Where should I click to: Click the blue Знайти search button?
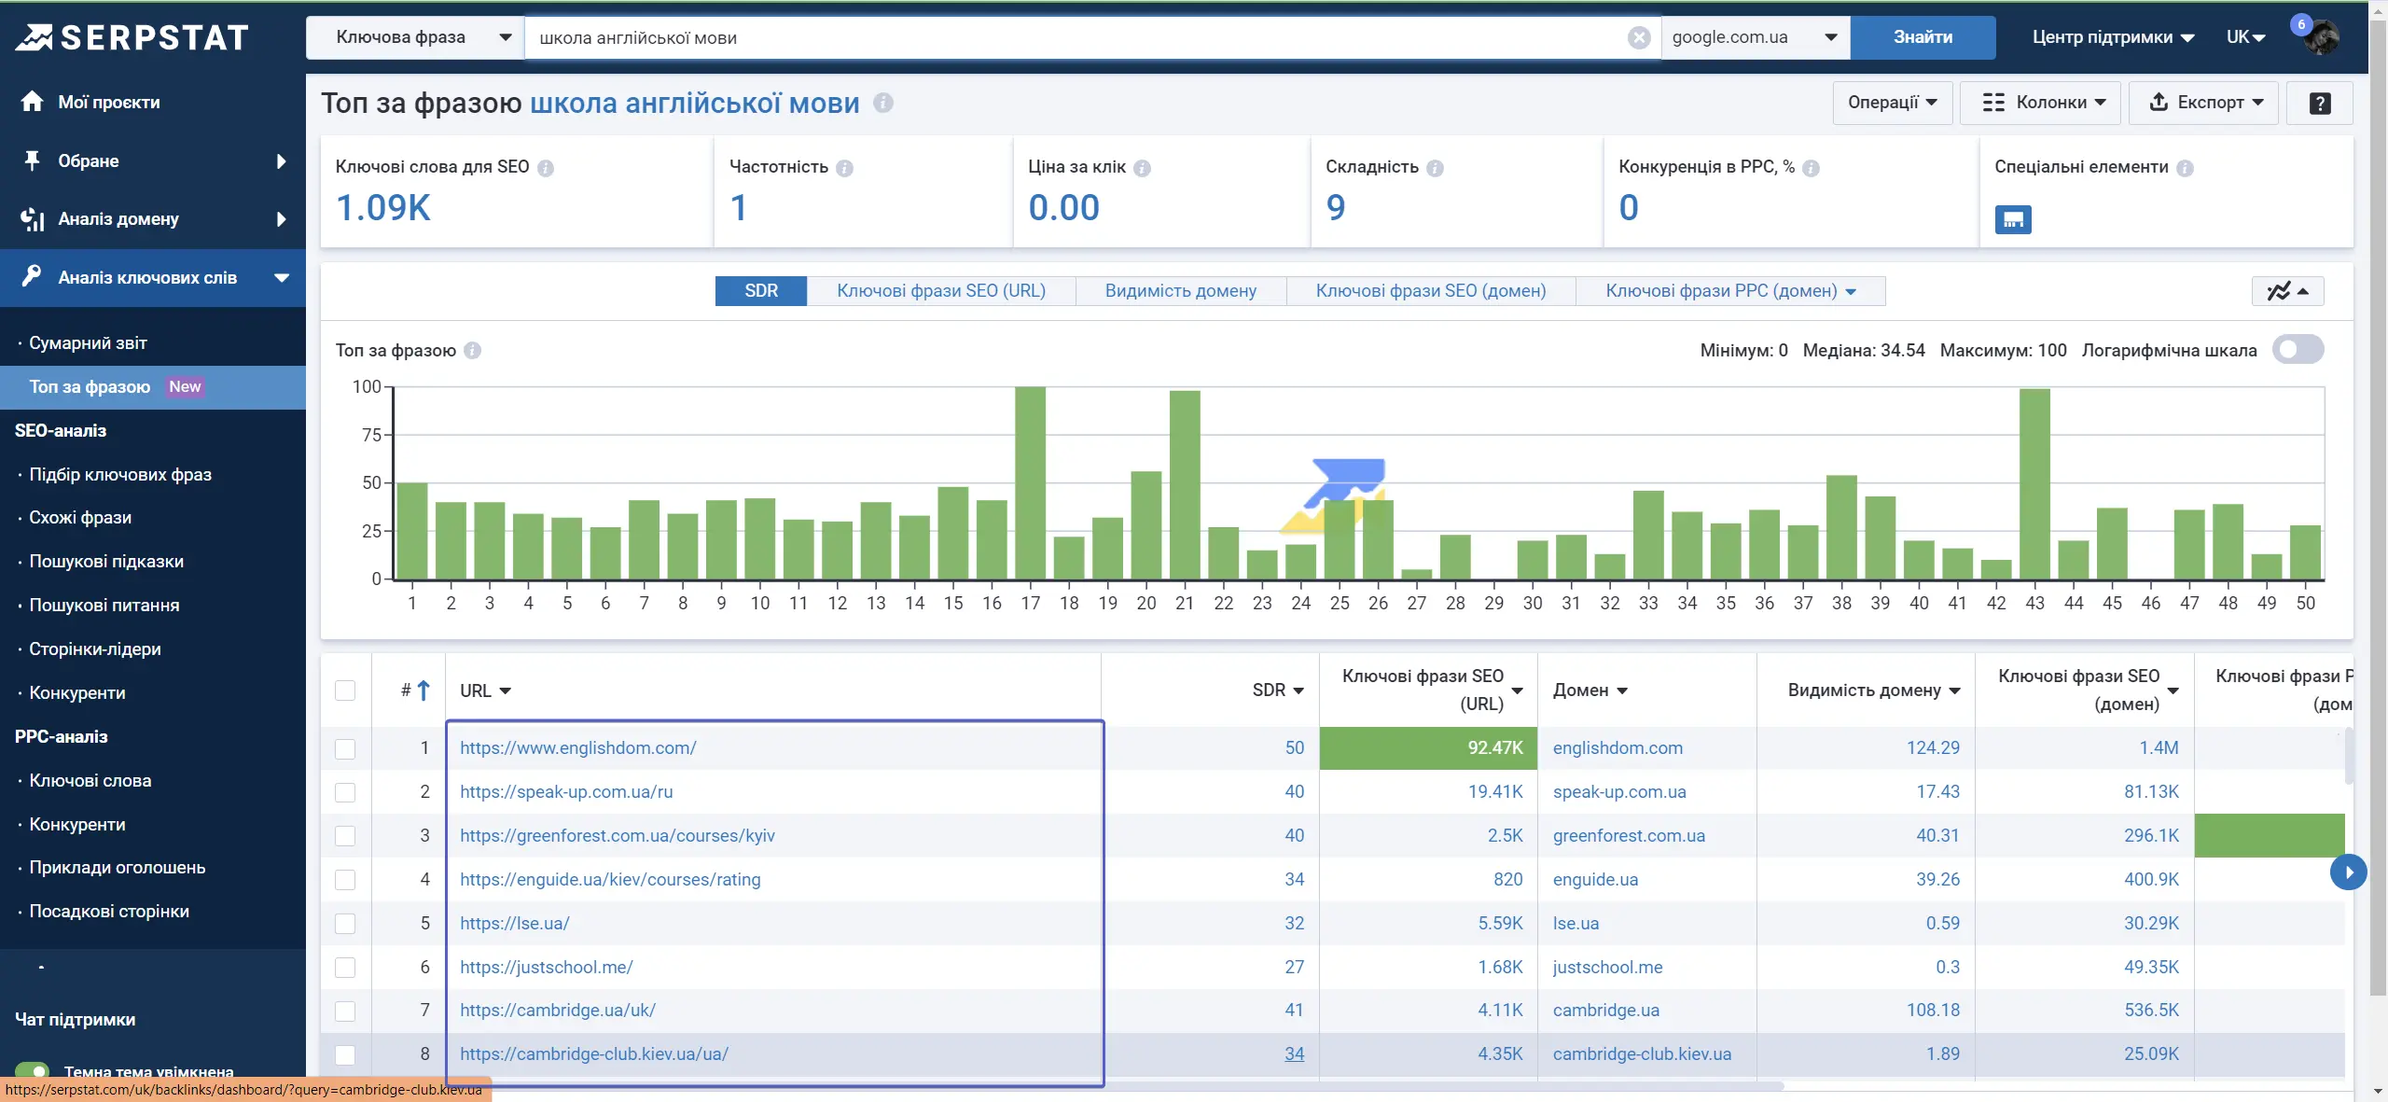click(1923, 37)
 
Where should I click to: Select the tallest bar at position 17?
click(1030, 482)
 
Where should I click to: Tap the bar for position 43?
click(2034, 483)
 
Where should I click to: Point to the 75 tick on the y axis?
click(371, 435)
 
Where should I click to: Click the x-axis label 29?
click(1493, 603)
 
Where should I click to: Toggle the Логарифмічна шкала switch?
click(2298, 350)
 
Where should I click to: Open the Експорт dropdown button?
click(2203, 103)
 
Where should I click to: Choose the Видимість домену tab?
click(1180, 291)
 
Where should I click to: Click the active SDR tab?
click(760, 291)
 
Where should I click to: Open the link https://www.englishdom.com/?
click(577, 748)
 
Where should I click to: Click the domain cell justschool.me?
click(1607, 968)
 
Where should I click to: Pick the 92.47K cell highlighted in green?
click(1428, 748)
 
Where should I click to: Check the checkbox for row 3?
click(345, 836)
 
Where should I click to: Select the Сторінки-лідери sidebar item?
click(94, 649)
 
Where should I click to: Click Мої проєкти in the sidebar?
click(108, 103)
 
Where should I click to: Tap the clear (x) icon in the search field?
click(1639, 37)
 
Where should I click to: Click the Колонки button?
click(2040, 103)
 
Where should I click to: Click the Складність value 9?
click(1336, 207)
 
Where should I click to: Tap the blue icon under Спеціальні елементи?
click(2013, 219)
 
